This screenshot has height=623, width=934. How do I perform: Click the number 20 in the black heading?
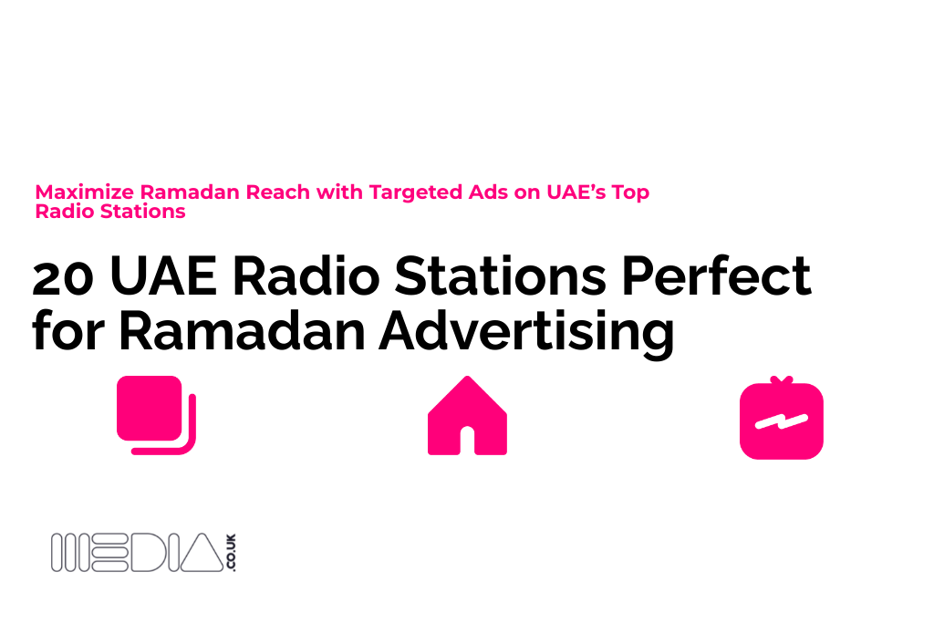click(x=63, y=277)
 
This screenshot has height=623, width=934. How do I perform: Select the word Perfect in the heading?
click(x=716, y=275)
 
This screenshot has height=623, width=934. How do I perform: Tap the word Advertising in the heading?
click(x=526, y=331)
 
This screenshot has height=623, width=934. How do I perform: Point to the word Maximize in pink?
click(x=85, y=192)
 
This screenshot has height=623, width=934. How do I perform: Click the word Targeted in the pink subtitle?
click(x=416, y=193)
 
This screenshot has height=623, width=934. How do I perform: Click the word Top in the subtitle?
click(x=630, y=193)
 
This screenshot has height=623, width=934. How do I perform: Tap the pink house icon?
click(x=468, y=416)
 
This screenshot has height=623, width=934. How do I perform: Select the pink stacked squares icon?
click(x=156, y=415)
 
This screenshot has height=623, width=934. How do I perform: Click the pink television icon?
click(x=782, y=418)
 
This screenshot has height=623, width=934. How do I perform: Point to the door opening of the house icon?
click(x=468, y=441)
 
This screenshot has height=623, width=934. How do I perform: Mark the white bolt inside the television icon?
click(x=782, y=421)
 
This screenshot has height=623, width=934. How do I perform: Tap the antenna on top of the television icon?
click(x=782, y=380)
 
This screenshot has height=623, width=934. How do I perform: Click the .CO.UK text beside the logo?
click(x=231, y=552)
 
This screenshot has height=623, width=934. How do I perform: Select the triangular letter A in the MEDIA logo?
click(x=202, y=553)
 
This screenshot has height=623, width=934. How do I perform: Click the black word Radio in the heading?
click(x=306, y=275)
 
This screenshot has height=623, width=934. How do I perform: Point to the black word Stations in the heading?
click(x=501, y=275)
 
